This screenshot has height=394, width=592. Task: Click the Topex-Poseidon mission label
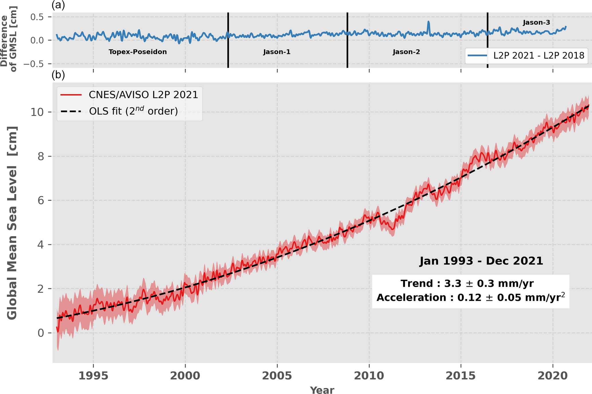137,52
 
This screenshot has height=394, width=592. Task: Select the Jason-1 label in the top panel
277,52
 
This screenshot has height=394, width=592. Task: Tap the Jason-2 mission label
406,52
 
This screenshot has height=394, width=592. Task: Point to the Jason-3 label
536,23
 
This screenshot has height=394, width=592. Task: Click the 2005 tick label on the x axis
277,376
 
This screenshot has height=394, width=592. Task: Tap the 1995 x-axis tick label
93,376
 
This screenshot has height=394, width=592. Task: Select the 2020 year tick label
552,376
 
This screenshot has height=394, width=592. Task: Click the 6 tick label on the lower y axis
41,200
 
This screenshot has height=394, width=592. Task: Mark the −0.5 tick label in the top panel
34,64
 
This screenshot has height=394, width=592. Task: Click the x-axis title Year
322,390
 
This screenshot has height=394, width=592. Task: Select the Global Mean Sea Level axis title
12,223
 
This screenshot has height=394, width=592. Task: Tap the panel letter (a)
58,5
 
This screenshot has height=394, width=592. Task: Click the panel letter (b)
58,75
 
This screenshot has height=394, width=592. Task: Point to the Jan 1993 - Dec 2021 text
481,261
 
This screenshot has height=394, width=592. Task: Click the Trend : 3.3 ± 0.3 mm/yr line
467,283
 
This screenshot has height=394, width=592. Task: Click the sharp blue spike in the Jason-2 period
428,22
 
